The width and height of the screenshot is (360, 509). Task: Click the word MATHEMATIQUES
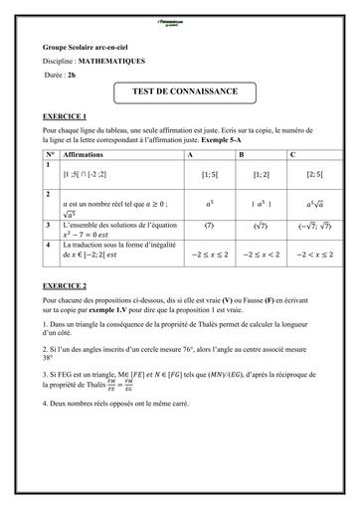pos(115,61)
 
